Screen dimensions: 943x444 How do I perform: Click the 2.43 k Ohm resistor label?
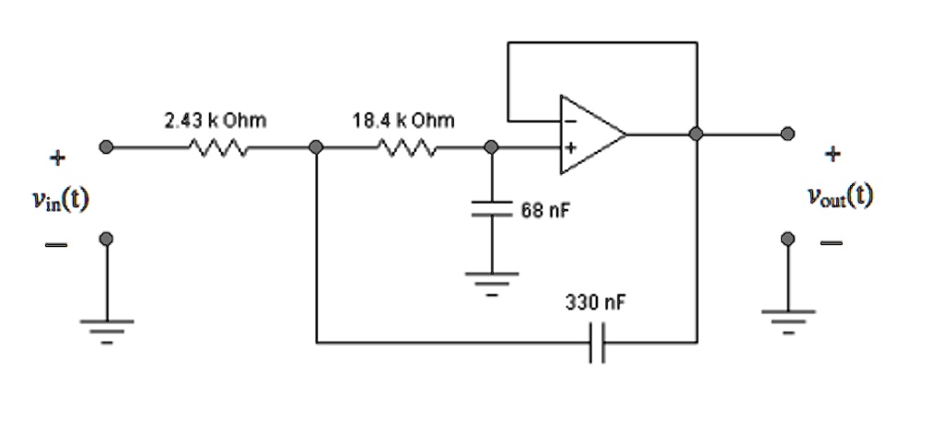click(x=215, y=121)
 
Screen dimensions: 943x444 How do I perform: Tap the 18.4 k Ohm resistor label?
click(x=403, y=121)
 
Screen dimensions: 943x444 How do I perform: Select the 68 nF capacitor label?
click(x=545, y=211)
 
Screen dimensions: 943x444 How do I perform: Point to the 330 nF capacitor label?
click(x=595, y=303)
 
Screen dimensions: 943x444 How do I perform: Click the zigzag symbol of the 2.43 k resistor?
click(x=217, y=147)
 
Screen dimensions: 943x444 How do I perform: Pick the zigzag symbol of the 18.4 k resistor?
click(x=407, y=147)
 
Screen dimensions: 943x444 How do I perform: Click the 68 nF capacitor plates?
click(x=492, y=208)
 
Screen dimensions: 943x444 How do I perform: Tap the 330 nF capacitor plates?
click(x=597, y=343)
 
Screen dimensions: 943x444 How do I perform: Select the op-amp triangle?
click(x=593, y=134)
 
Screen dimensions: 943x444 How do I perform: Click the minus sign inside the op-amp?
click(x=570, y=122)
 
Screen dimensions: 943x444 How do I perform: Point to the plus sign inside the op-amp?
click(x=570, y=146)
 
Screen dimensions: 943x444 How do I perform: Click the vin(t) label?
click(x=61, y=199)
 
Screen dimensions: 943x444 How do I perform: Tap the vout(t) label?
click(x=840, y=197)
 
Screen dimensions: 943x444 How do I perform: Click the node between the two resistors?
click(x=316, y=147)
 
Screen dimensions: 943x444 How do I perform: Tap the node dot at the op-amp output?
click(x=696, y=134)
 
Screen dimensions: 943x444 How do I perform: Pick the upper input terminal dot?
click(x=107, y=147)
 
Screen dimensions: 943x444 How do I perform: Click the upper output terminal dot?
click(x=787, y=134)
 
